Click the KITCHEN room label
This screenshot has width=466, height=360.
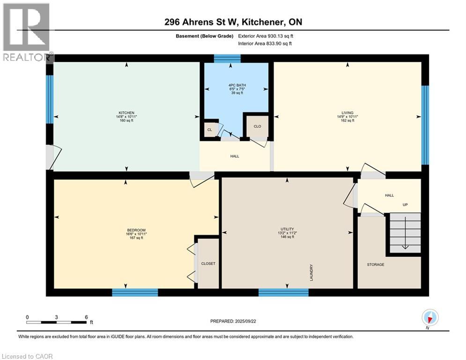pyautogui.click(x=126, y=113)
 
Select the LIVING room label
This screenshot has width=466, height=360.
pyautogui.click(x=348, y=112)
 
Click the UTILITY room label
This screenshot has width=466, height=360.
pyautogui.click(x=287, y=229)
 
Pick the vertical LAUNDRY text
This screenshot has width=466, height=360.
pyautogui.click(x=311, y=272)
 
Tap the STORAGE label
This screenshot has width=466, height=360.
pyautogui.click(x=376, y=264)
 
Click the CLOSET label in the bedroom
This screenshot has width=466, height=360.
pyautogui.click(x=208, y=263)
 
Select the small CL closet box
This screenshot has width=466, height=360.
pyautogui.click(x=211, y=129)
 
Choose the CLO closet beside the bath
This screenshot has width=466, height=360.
pyautogui.click(x=257, y=126)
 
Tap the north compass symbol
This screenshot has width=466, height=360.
pyautogui.click(x=429, y=318)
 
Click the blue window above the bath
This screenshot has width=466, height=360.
pyautogui.click(x=227, y=58)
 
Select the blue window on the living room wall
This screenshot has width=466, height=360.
pyautogui.click(x=425, y=125)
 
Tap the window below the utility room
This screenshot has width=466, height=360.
pyautogui.click(x=283, y=292)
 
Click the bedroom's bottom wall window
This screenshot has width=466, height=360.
pyautogui.click(x=135, y=292)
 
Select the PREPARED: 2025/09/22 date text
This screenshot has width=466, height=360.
pyautogui.click(x=233, y=321)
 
